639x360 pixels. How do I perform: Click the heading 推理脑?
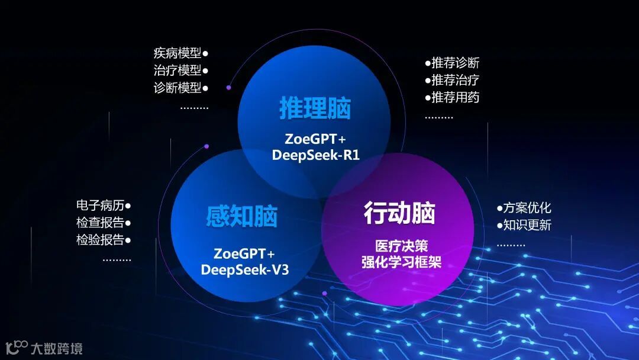point(315,109)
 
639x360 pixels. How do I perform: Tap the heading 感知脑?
point(242,217)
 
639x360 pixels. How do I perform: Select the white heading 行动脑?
point(399,213)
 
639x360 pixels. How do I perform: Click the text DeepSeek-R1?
point(316,155)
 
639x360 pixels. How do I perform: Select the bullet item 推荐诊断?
point(455,63)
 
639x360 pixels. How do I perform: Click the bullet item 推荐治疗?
point(455,80)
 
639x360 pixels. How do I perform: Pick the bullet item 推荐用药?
point(455,97)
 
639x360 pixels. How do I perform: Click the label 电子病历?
point(100,205)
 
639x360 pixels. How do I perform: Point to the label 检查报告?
point(100,223)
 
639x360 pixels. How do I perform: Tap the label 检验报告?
point(100,240)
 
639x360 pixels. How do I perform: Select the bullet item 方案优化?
point(527,208)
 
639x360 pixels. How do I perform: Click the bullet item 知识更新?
point(527,225)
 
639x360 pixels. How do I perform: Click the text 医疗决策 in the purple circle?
point(401,245)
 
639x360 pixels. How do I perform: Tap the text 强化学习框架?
point(401,262)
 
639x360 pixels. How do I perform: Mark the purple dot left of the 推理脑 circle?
point(228,88)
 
